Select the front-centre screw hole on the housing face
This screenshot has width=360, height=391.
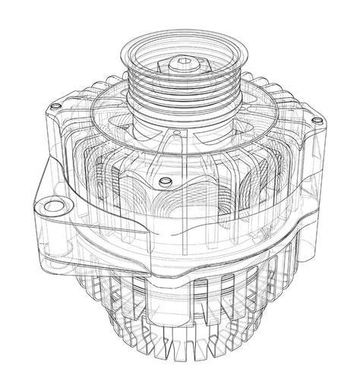point(163,182)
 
